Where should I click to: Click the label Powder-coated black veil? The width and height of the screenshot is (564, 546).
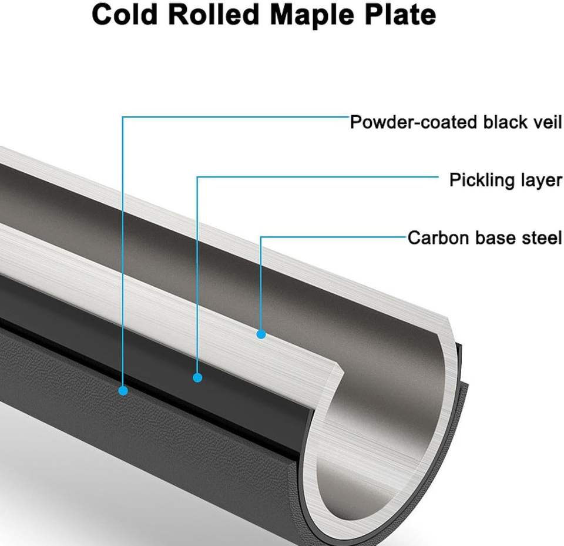click(x=456, y=122)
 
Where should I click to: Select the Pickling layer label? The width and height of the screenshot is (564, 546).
click(x=505, y=180)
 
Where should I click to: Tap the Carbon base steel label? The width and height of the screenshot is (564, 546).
click(x=485, y=238)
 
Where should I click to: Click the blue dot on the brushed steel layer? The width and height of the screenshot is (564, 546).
click(x=261, y=334)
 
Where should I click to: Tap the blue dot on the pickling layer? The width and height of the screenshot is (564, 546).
click(x=197, y=377)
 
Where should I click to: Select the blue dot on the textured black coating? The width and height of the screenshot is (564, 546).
click(x=123, y=390)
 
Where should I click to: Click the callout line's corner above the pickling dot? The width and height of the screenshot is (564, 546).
click(x=197, y=176)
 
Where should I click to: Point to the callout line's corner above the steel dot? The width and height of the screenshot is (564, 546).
click(x=261, y=237)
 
